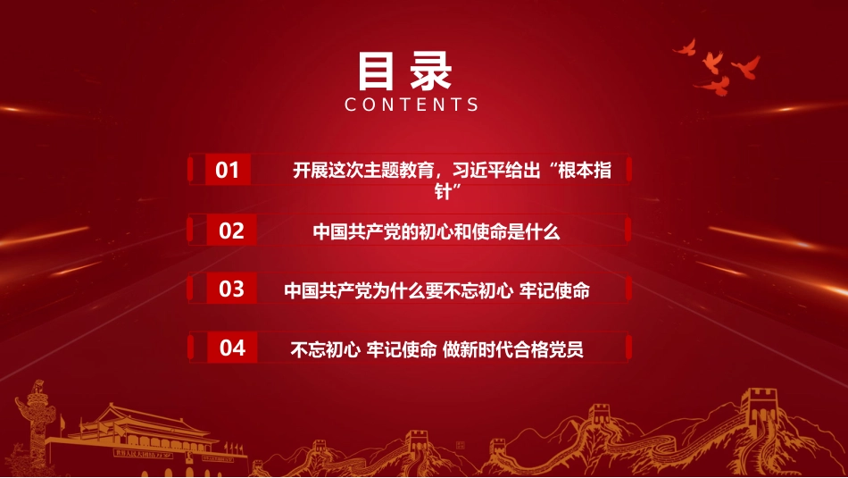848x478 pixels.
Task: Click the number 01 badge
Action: point(228,170)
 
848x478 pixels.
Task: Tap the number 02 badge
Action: point(231,231)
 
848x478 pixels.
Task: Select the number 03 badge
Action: point(231,289)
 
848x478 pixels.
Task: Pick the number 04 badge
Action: point(232,348)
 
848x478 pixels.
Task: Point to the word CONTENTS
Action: point(412,105)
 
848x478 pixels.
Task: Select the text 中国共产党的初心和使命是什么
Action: point(436,232)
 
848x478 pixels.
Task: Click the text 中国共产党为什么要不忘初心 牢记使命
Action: point(436,290)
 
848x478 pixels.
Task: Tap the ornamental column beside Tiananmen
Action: point(37,420)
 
